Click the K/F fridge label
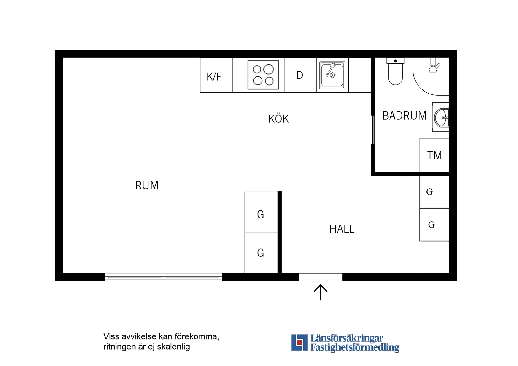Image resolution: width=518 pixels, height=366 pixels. [x=214, y=77]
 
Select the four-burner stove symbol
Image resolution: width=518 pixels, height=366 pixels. [x=263, y=75]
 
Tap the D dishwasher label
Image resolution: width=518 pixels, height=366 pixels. [x=299, y=75]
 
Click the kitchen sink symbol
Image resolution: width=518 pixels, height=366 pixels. [x=332, y=75]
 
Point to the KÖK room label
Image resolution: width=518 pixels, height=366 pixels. [x=278, y=119]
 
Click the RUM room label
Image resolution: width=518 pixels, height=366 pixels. [x=147, y=185]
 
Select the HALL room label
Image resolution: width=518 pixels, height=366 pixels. [x=342, y=229]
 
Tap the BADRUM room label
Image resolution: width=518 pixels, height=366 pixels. [x=404, y=116]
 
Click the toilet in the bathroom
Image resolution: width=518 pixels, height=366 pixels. [x=395, y=72]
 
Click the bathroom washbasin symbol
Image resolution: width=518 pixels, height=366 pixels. [x=441, y=117]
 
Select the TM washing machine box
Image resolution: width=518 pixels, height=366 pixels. [x=434, y=155]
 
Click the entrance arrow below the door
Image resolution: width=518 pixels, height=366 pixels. [x=321, y=292]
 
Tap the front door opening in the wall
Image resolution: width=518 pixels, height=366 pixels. [x=320, y=277]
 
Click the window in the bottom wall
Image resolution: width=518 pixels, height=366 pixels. [x=163, y=277]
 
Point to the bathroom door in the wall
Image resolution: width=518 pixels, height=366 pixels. [x=373, y=130]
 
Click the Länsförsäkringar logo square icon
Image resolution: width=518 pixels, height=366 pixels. [x=299, y=342]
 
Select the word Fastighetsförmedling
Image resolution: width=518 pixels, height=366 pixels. [x=355, y=347]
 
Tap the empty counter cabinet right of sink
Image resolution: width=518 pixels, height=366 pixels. [x=360, y=75]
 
